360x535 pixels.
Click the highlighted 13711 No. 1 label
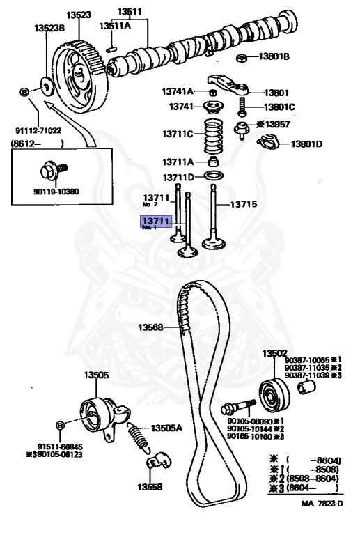tap(156, 223)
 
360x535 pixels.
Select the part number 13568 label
tap(150, 327)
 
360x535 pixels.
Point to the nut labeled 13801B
tap(241, 56)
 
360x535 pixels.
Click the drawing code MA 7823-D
tap(322, 522)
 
